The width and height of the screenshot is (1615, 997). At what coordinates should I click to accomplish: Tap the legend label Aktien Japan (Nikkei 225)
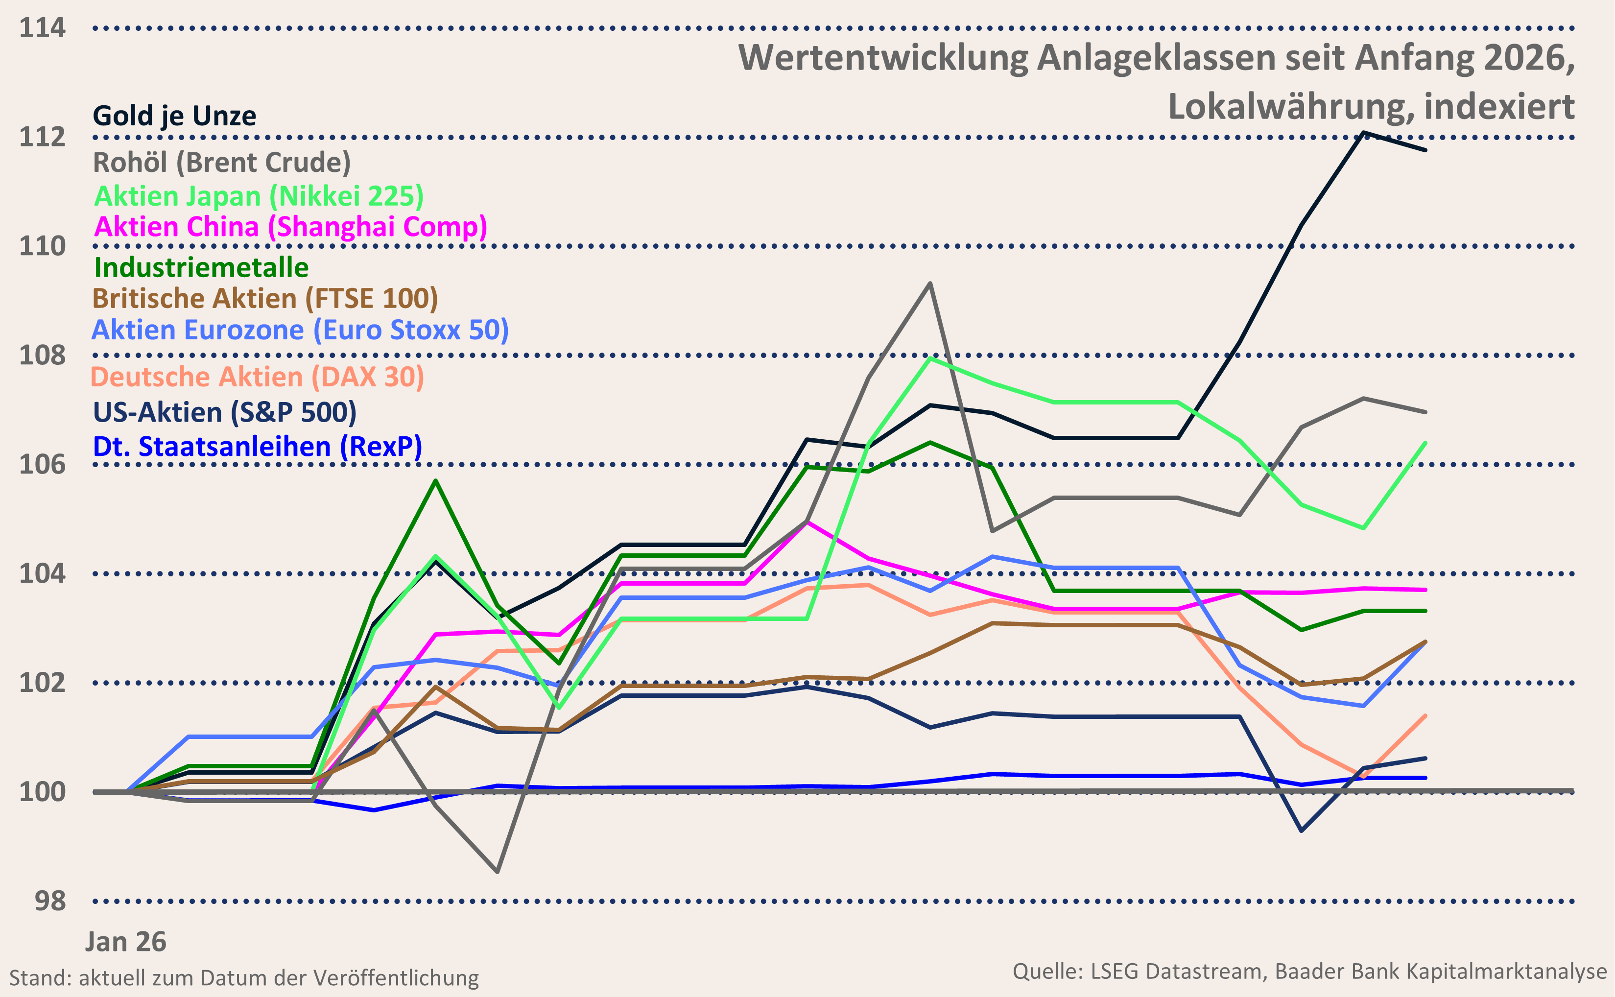(x=259, y=196)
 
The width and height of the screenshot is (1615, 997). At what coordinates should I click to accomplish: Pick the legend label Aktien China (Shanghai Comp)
(x=290, y=227)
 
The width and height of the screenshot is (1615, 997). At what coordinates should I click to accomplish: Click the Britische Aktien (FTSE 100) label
(x=265, y=299)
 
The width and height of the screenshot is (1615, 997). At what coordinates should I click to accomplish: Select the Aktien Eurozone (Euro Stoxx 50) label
(x=300, y=330)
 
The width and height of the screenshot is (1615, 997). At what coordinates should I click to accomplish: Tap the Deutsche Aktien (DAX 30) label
(x=257, y=377)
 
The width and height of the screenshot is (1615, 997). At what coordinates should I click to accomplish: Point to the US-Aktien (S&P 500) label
(x=224, y=412)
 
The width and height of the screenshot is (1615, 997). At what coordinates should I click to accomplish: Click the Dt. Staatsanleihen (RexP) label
(x=257, y=447)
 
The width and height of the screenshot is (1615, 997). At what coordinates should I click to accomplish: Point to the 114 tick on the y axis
(x=42, y=28)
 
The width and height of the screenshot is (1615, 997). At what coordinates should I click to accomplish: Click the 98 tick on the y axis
(x=50, y=901)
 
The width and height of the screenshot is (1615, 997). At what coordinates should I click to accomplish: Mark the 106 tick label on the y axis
(x=42, y=465)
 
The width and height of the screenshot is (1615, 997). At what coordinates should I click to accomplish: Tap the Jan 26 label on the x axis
(x=125, y=942)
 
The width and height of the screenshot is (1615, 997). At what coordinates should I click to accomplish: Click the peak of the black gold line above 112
(x=1363, y=133)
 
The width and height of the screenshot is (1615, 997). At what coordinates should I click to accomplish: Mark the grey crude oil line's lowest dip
(x=497, y=872)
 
